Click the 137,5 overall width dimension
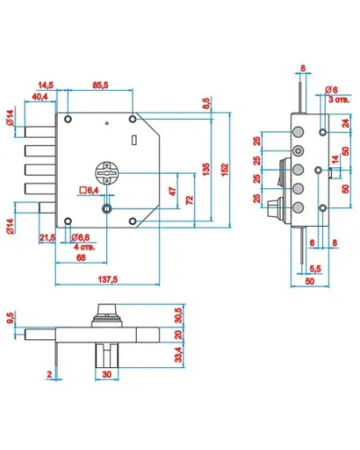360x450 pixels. click(x=108, y=279)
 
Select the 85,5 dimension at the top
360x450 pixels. click(x=100, y=85)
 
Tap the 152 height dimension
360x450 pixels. click(x=224, y=169)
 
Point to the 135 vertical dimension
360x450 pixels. click(x=206, y=169)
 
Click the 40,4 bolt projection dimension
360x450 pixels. click(x=40, y=96)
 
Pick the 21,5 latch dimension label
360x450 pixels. click(x=48, y=238)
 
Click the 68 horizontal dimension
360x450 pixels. click(x=81, y=257)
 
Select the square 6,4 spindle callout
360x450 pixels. click(x=89, y=190)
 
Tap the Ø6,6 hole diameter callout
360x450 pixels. click(x=80, y=238)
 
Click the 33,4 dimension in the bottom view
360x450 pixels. click(x=178, y=355)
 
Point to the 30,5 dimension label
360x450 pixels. click(x=178, y=315)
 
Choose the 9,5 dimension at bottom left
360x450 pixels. click(x=11, y=318)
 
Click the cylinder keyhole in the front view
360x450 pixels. click(x=107, y=173)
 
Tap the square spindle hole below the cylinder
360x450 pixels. click(x=106, y=208)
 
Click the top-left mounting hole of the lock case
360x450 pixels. click(x=68, y=119)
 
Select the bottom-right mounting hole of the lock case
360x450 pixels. click(x=132, y=221)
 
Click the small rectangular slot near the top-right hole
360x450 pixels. click(x=134, y=139)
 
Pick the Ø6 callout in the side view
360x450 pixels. click(x=331, y=90)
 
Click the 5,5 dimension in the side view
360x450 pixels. click(x=315, y=269)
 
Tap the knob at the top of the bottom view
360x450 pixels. click(x=107, y=309)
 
